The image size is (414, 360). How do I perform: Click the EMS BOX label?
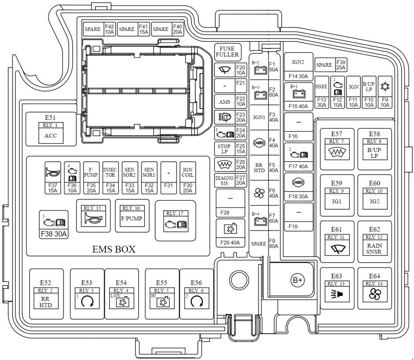[114, 249]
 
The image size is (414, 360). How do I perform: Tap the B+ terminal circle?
[298, 281]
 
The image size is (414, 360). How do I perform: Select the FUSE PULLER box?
[227, 52]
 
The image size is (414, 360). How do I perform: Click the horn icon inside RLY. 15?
[93, 219]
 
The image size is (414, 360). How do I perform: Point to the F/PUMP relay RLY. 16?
[132, 216]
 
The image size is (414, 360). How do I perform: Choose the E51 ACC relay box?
[51, 129]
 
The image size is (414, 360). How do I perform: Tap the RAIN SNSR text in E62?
[374, 248]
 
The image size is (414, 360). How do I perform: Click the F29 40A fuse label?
[230, 243]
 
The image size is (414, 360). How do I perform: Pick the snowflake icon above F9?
[385, 86]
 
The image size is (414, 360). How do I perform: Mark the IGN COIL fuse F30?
[188, 179]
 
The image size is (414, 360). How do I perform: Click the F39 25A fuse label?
[340, 65]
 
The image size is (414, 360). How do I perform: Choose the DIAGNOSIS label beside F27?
[224, 180]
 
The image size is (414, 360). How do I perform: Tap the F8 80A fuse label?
[274, 243]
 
